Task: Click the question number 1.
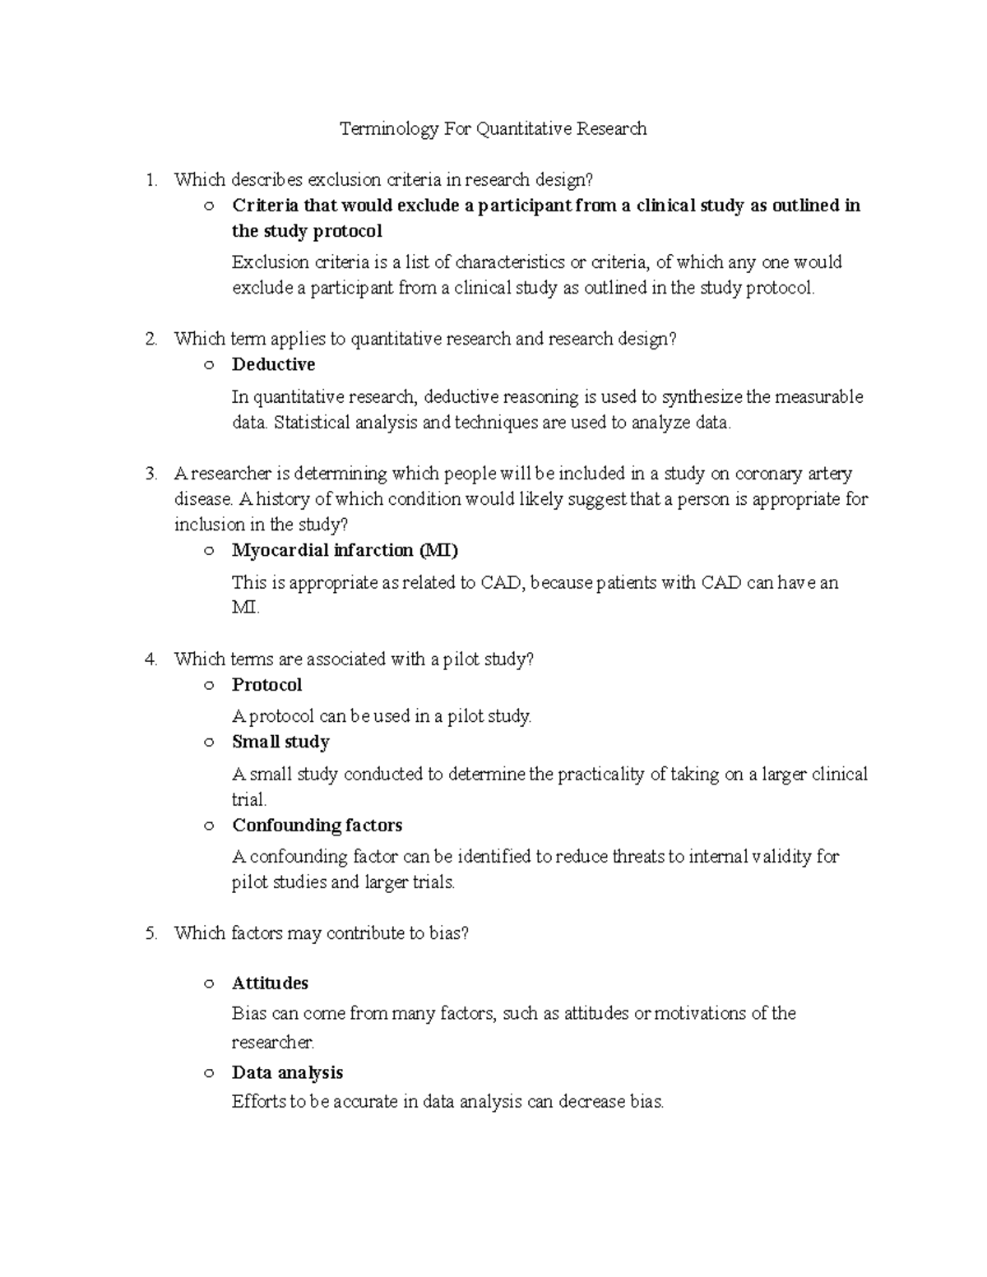coord(151,180)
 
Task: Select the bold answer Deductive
coord(273,364)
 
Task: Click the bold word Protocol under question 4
coord(266,685)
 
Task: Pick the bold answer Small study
coord(280,742)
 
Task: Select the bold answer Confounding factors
coord(317,825)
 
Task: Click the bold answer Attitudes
coord(270,983)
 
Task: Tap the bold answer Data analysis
coord(287,1072)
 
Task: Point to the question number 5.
coord(151,933)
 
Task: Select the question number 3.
coord(151,474)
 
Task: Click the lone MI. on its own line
coord(246,608)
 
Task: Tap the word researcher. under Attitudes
coord(273,1043)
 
